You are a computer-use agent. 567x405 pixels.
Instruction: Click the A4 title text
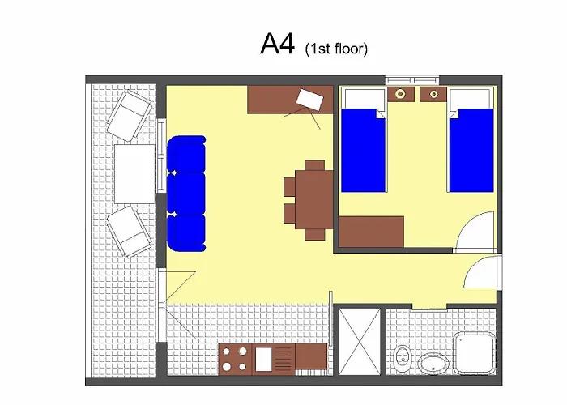(277, 44)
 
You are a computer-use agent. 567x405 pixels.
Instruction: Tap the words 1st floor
(337, 49)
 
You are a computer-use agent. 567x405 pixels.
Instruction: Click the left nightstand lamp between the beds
(400, 94)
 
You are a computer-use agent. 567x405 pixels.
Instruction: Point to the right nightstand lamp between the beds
(433, 95)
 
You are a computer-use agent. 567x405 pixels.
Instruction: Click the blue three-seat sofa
(186, 194)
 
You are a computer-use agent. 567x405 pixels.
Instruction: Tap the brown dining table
(314, 199)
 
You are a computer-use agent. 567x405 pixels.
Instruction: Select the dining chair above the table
(314, 165)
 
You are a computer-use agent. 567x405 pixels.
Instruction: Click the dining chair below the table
(314, 235)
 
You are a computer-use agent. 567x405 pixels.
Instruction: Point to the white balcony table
(135, 174)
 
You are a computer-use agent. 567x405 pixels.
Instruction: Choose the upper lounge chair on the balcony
(129, 115)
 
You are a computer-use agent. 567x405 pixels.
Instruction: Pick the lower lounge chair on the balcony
(129, 232)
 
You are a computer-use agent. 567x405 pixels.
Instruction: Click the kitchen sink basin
(263, 359)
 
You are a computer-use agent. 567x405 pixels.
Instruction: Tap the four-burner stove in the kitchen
(235, 359)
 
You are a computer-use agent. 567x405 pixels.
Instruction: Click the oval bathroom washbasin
(434, 363)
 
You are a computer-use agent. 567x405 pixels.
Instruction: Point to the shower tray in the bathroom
(475, 353)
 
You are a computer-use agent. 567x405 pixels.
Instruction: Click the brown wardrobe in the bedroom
(371, 232)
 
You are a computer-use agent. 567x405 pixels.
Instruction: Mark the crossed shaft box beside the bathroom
(360, 342)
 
